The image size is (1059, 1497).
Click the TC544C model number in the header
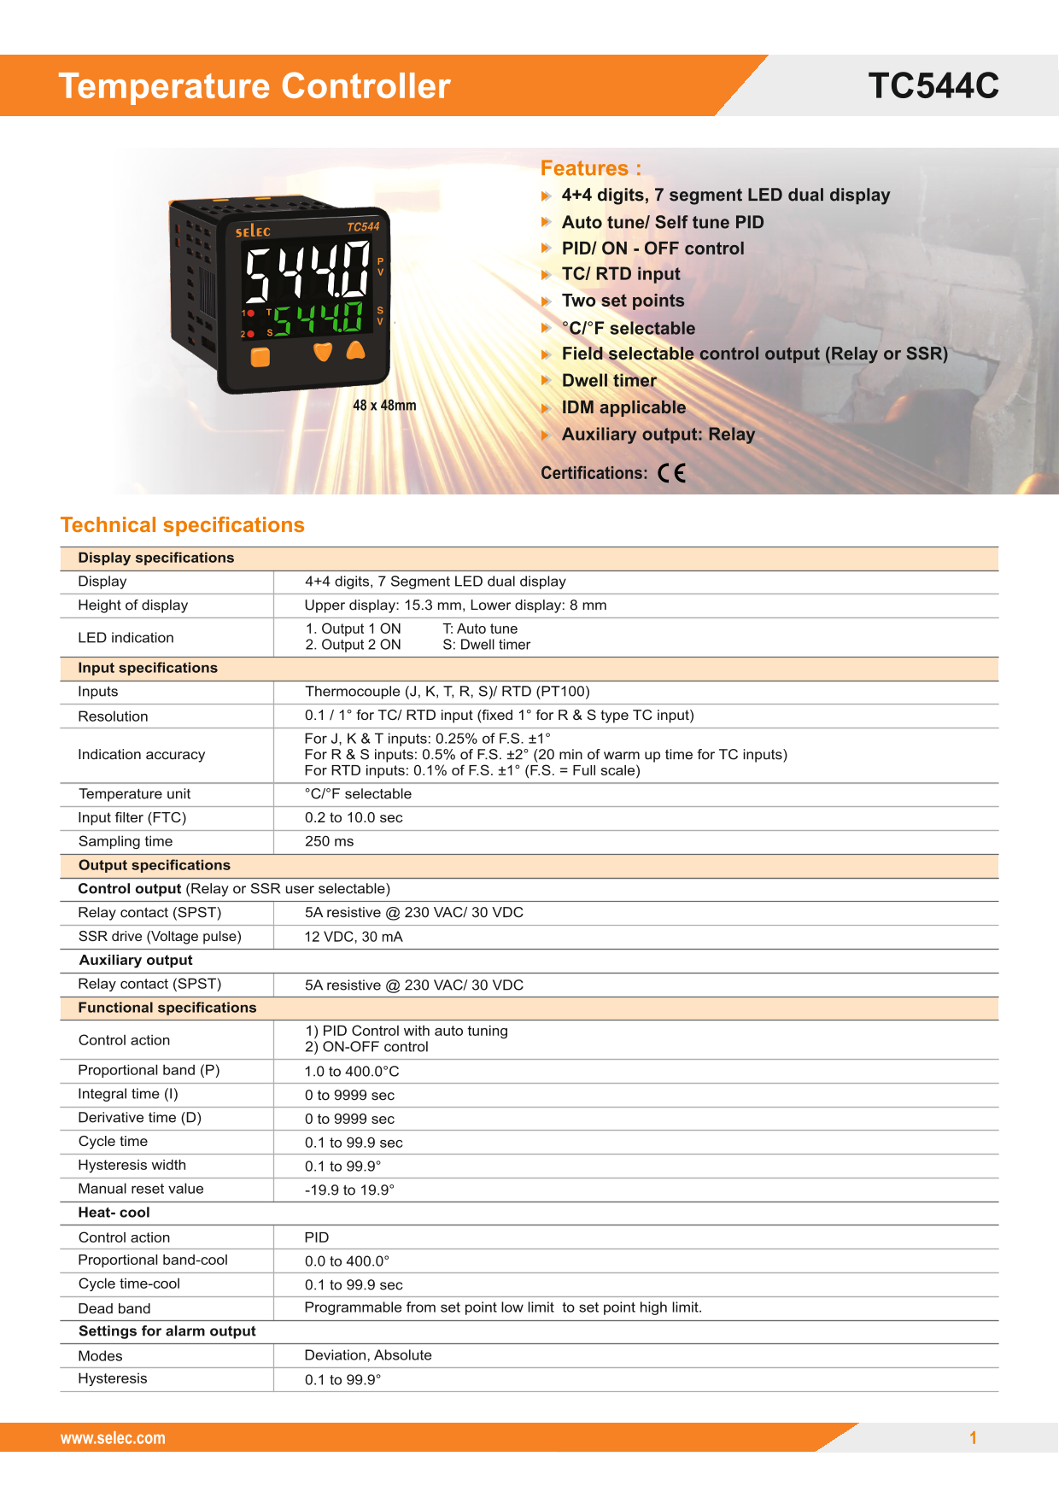pos(933,86)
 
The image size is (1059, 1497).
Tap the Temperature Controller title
pos(255,86)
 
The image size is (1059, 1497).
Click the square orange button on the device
pos(260,356)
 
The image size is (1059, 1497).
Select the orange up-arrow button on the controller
pos(355,351)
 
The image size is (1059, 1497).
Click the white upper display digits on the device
pos(307,272)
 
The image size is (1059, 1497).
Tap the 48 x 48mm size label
pos(384,406)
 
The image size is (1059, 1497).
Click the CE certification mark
pos(672,473)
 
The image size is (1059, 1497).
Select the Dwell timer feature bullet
pos(609,381)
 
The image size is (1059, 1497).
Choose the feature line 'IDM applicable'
pos(623,407)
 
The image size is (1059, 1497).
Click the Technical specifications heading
pos(183,525)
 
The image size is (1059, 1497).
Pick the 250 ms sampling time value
pos(329,841)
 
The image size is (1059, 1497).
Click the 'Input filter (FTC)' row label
pos(132,817)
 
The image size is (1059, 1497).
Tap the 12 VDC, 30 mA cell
pos(354,937)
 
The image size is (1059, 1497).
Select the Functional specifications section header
pos(167,1008)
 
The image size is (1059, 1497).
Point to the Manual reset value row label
pos(141,1189)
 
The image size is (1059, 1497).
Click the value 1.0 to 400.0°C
pos(352,1072)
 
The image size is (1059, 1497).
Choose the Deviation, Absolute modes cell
pos(368,1355)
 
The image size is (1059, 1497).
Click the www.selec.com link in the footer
pos(113,1438)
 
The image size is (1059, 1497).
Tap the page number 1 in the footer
pos(973,1438)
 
